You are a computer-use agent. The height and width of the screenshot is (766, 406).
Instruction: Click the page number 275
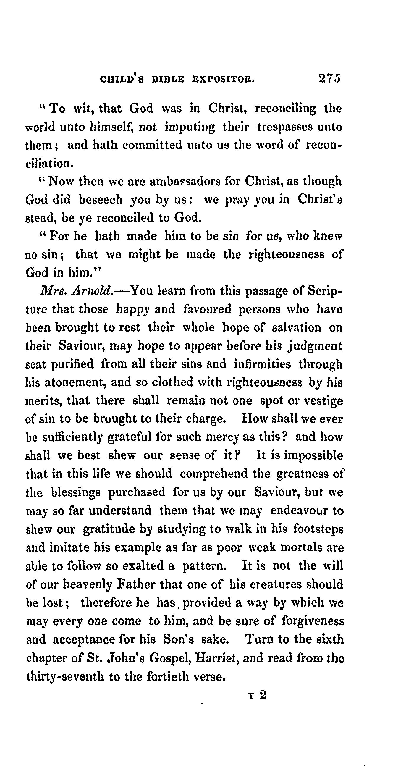tap(329, 78)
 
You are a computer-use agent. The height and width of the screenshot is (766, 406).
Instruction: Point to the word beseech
tap(101, 199)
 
